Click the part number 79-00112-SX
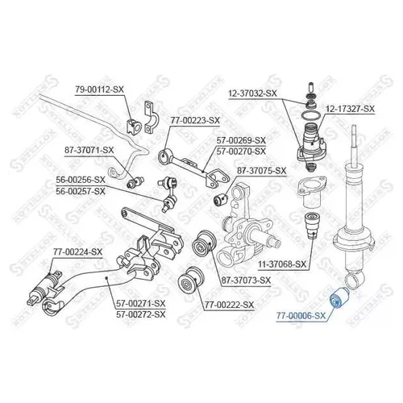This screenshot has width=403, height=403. [99, 89]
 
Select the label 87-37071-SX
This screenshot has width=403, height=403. [89, 150]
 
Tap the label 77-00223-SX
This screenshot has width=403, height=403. [195, 120]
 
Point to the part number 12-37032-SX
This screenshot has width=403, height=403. [252, 93]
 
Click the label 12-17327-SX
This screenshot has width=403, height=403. [350, 109]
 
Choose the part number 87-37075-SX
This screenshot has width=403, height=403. [261, 171]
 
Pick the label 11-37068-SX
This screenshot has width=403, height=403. [282, 264]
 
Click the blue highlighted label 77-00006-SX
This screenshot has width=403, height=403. [301, 316]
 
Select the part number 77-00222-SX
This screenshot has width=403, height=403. [229, 305]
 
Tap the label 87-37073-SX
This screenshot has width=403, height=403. [246, 280]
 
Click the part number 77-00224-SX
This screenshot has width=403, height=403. [78, 252]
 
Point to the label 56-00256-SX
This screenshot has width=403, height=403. [81, 180]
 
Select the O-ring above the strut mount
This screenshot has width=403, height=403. [311, 115]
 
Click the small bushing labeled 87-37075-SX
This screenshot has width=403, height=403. [221, 199]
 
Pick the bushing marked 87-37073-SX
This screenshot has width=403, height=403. [204, 243]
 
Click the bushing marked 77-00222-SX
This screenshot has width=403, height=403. [190, 280]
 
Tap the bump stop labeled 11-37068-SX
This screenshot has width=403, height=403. [312, 225]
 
